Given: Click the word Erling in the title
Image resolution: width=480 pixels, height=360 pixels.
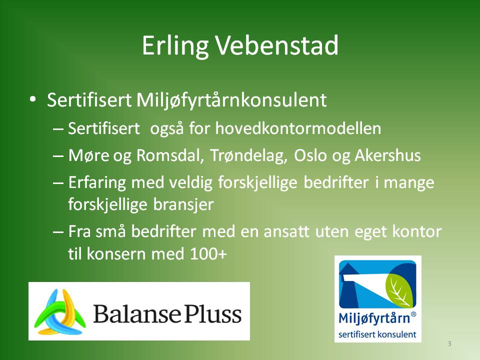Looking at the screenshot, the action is click(175, 46).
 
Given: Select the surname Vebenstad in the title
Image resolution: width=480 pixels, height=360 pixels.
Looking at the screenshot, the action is click(277, 45).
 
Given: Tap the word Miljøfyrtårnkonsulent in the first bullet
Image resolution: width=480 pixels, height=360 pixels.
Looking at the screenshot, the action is click(231, 100).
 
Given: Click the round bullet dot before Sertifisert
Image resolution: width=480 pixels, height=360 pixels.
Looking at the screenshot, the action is click(33, 99).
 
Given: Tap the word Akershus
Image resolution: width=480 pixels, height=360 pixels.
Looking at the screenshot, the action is click(387, 155).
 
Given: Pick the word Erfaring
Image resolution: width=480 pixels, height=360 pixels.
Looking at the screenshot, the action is click(97, 183).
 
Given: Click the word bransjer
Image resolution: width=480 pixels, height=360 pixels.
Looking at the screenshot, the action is click(183, 204).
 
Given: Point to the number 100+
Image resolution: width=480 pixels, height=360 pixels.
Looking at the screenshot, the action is click(208, 254).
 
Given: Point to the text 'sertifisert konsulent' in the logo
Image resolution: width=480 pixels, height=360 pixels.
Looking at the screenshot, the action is click(377, 334).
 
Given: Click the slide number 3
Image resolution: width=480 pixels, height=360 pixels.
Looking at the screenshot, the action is click(449, 343).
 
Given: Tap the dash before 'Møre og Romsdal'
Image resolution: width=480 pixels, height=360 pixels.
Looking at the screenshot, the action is click(58, 156).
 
